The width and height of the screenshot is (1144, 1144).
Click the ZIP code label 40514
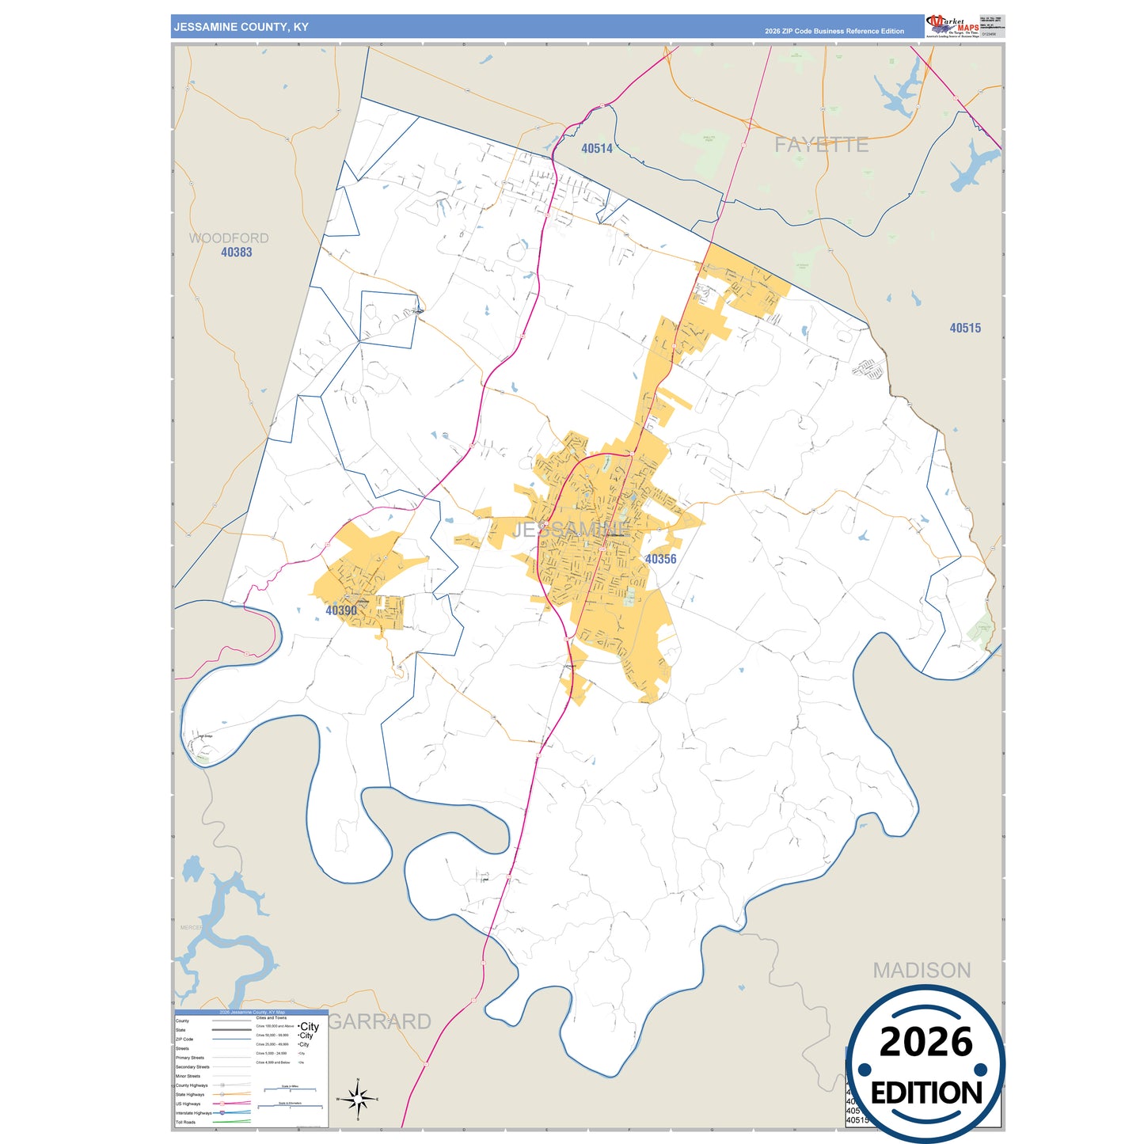pos(596,148)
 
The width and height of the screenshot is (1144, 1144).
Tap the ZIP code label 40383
pos(236,253)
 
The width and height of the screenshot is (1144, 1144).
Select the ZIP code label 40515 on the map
pos(965,328)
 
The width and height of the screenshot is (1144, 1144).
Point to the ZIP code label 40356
pos(660,559)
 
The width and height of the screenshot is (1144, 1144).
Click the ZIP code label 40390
pos(341,610)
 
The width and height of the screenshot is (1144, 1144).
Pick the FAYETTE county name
pos(821,145)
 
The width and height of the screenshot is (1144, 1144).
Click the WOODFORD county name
pos(228,238)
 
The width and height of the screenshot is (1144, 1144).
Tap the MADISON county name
pos(922,970)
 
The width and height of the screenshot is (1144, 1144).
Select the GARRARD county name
pos(380,1021)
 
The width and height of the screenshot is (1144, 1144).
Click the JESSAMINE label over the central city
pos(572,529)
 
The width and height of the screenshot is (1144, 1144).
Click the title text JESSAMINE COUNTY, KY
pos(241,27)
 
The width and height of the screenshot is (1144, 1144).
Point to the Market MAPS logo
pos(952,25)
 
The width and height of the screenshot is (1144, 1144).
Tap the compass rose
pos(358,1099)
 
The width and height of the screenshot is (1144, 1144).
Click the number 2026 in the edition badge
pos(925,1042)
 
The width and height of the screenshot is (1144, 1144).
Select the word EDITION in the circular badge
pos(925,1093)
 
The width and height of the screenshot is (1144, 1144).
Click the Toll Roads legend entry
pos(186,1122)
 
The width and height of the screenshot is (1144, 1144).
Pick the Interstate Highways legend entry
pos(192,1112)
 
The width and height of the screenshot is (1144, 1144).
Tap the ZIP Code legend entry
pos(184,1039)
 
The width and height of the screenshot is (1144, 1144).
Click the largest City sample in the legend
pos(309,1026)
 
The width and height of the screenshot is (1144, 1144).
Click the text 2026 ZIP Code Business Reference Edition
pos(834,32)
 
